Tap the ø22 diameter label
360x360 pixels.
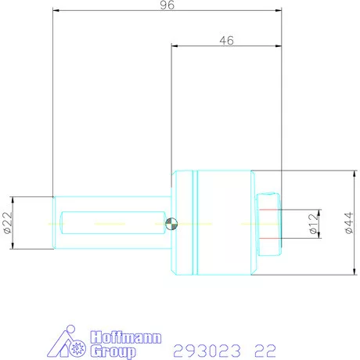[x=8, y=223]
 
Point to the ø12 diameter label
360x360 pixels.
[x=313, y=224]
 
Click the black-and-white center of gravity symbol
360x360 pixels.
[x=172, y=224]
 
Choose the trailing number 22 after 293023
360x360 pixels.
[x=265, y=348]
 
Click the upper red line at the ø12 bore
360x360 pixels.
[x=269, y=211]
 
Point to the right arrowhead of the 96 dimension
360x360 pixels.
[x=278, y=11]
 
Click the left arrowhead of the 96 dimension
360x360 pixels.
[x=56, y=11]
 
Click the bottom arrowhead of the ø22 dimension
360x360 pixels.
[x=16, y=247]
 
